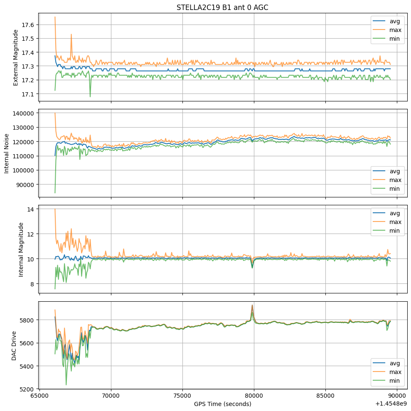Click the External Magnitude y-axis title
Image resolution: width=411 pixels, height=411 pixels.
(16, 54)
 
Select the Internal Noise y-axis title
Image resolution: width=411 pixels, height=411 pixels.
(7, 153)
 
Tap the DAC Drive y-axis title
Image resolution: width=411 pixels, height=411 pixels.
(14, 345)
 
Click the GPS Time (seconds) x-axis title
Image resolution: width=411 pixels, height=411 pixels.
(222, 404)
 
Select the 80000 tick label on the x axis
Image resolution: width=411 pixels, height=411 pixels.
(254, 395)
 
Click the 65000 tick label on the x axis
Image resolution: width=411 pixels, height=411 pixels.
(39, 395)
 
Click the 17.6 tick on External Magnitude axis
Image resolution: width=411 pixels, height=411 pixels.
(27, 25)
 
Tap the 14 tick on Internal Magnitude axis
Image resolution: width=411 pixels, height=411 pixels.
(30, 209)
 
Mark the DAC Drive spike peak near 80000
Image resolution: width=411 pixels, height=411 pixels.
(252, 305)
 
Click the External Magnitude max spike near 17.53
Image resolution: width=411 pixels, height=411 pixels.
(71, 34)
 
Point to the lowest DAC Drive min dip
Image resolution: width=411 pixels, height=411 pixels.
(66, 385)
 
